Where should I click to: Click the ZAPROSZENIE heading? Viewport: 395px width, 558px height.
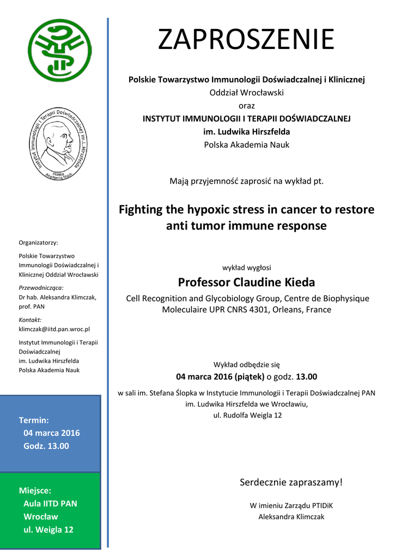tap(246, 39)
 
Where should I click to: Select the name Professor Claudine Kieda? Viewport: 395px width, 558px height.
tap(246, 282)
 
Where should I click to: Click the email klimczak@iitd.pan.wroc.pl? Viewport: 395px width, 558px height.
tap(54, 329)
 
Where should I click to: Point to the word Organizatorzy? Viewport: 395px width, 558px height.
tap(38, 242)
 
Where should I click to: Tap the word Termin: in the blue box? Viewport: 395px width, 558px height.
tap(34, 420)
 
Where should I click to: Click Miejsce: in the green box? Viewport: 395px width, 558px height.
tap(35, 490)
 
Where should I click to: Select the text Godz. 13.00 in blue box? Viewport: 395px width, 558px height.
tap(46, 446)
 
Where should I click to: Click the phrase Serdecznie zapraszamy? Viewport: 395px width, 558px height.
tap(291, 482)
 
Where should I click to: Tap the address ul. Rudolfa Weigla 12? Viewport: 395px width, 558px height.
tap(247, 415)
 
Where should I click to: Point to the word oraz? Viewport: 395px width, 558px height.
tap(247, 105)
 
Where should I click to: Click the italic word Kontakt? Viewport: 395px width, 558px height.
tap(30, 320)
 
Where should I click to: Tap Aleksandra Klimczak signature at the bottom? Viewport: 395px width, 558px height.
tap(291, 517)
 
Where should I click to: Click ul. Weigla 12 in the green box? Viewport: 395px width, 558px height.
tap(48, 530)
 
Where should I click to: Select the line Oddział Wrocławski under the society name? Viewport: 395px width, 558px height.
tap(247, 93)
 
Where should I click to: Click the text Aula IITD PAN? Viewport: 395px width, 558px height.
tap(50, 504)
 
